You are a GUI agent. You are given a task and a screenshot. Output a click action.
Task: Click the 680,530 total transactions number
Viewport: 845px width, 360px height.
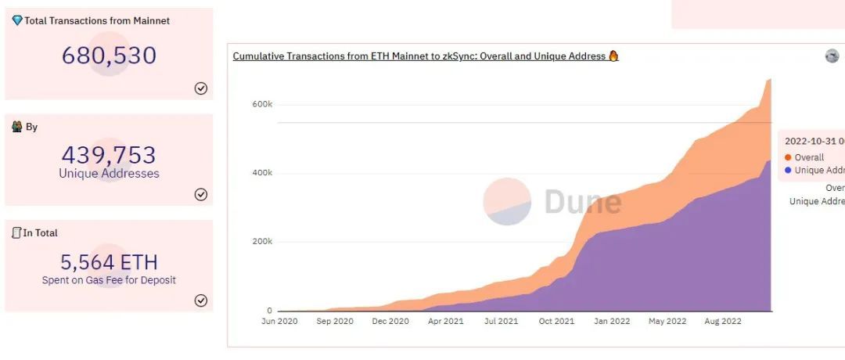point(109,56)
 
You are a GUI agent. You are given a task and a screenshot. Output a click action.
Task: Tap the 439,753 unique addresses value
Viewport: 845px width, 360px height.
point(109,154)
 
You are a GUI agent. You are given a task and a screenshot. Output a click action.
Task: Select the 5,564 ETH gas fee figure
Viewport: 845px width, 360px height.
point(109,261)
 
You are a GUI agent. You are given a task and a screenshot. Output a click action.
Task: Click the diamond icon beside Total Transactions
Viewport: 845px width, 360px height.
point(17,20)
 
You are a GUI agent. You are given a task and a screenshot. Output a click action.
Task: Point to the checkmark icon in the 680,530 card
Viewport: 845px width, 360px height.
point(200,88)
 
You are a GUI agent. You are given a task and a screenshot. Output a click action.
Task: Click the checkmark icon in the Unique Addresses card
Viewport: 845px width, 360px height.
point(200,194)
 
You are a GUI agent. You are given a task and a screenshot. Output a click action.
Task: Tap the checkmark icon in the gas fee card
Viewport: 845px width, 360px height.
point(200,301)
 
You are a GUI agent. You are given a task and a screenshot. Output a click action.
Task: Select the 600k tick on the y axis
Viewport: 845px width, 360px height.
point(262,104)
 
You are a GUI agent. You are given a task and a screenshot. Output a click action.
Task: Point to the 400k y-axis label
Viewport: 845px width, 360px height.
point(262,173)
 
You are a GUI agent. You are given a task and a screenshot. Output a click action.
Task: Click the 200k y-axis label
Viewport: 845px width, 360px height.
point(262,242)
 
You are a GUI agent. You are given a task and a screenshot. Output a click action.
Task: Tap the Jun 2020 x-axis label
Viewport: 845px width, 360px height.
point(279,322)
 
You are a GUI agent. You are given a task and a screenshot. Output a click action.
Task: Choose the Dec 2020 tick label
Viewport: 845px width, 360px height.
point(390,322)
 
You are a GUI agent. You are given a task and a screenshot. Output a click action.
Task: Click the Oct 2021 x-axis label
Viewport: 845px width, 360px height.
point(556,322)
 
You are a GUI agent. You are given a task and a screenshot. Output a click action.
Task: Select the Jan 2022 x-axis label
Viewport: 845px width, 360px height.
point(611,322)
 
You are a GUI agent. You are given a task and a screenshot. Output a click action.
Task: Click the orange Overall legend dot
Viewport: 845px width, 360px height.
point(787,157)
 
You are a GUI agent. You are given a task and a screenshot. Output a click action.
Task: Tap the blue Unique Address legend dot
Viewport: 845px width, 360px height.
point(787,170)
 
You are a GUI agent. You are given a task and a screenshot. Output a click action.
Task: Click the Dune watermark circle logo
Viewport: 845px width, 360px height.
point(507,201)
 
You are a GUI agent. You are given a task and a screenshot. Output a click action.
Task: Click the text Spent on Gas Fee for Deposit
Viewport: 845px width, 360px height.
point(109,280)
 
